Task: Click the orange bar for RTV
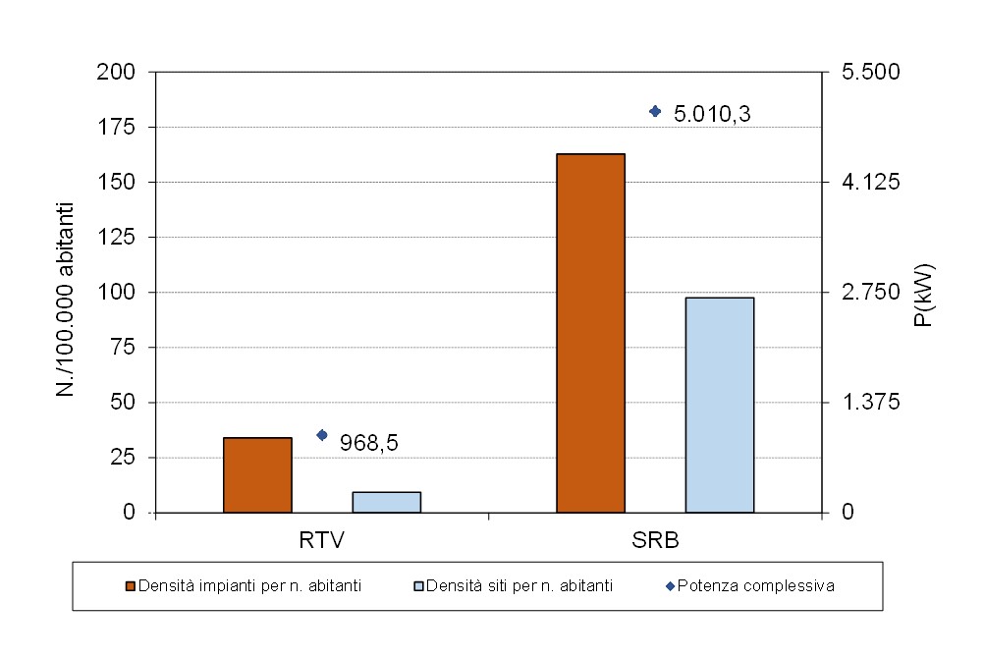(x=257, y=474)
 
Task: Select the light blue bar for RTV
(x=386, y=502)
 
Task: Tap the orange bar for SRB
(x=590, y=333)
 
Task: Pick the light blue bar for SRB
(x=719, y=405)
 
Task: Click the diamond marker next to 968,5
(x=322, y=435)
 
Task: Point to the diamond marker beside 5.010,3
(x=655, y=111)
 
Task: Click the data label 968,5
(x=368, y=443)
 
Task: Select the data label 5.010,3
(x=712, y=115)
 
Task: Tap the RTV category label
(x=321, y=540)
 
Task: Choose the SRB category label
(x=656, y=540)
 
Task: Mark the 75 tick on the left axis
(x=128, y=348)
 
